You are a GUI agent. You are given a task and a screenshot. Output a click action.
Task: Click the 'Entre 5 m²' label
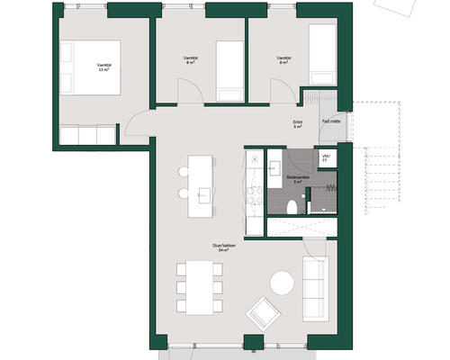[x=297, y=123]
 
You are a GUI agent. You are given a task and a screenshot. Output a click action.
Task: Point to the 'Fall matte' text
[x=331, y=120]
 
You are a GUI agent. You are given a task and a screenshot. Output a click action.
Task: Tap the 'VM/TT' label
[x=327, y=157]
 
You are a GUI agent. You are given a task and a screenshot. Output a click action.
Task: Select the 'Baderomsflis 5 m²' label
[x=299, y=179]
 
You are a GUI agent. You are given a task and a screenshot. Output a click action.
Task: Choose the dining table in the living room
[x=200, y=286]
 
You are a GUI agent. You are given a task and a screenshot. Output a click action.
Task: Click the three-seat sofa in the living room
[x=315, y=288]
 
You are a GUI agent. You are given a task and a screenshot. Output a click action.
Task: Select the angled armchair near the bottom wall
[x=264, y=313]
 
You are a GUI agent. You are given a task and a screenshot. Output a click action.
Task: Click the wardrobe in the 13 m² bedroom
[x=87, y=136]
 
